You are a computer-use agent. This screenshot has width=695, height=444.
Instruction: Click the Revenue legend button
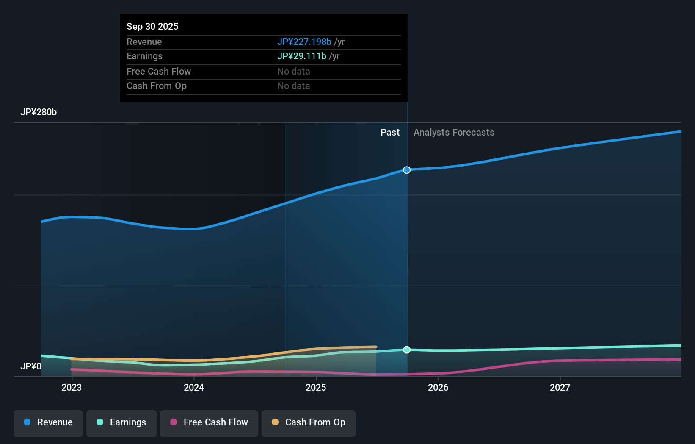(x=48, y=423)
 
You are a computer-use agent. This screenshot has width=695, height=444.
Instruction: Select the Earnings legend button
(x=121, y=423)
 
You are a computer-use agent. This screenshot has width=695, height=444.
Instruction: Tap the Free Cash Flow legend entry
(x=209, y=423)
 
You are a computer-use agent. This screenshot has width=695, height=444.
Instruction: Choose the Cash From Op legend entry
(x=309, y=423)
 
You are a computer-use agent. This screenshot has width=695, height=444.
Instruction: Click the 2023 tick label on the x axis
(x=72, y=387)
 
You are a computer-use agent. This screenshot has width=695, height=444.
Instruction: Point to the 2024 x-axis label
(x=194, y=387)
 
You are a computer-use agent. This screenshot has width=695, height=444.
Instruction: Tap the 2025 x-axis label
(x=316, y=387)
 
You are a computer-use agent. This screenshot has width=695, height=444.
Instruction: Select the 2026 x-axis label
(x=438, y=387)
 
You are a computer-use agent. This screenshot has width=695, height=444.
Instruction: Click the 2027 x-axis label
(x=560, y=387)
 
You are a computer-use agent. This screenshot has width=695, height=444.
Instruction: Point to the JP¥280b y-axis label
(x=39, y=112)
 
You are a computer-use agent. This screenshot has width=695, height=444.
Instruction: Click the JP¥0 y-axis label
(x=31, y=366)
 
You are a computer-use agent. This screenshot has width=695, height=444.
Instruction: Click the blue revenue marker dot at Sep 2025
(x=407, y=170)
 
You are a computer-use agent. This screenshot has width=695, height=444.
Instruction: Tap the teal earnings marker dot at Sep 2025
(x=407, y=350)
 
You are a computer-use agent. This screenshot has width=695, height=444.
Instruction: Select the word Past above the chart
(x=390, y=133)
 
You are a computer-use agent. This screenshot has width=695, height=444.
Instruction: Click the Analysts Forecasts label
(x=454, y=133)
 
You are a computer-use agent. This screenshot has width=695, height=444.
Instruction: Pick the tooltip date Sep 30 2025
(x=152, y=27)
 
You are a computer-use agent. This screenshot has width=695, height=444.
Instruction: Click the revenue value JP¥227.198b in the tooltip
(x=304, y=42)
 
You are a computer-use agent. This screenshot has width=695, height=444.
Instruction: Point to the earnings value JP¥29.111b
(x=301, y=56)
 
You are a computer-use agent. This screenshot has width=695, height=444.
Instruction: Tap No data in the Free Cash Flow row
(x=293, y=72)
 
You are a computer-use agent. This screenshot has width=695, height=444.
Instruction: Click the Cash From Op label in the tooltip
(x=157, y=86)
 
